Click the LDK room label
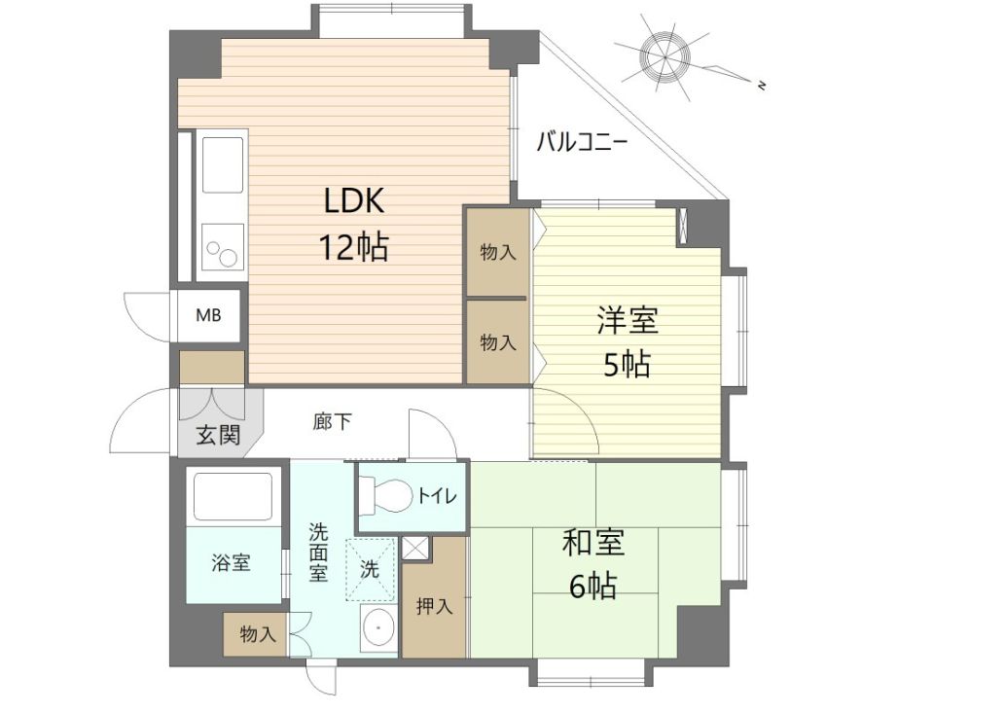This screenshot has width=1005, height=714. click(x=355, y=201)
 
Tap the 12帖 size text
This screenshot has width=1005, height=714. click(x=354, y=247)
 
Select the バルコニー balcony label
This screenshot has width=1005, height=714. click(x=582, y=143)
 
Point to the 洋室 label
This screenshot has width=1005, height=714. click(x=627, y=320)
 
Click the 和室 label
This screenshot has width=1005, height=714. click(x=592, y=544)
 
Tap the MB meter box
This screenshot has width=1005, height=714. click(x=208, y=315)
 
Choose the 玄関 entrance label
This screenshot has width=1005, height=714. click(x=218, y=435)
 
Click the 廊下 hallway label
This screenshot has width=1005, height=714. click(x=333, y=422)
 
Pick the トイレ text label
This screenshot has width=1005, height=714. click(x=437, y=496)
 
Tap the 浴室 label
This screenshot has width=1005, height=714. click(x=232, y=562)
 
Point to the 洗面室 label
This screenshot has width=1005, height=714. click(x=319, y=551)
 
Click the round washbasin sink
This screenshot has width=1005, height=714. click(x=377, y=631)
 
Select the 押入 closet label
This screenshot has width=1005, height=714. click(x=435, y=607)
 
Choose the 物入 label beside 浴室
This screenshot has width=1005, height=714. click(x=258, y=635)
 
